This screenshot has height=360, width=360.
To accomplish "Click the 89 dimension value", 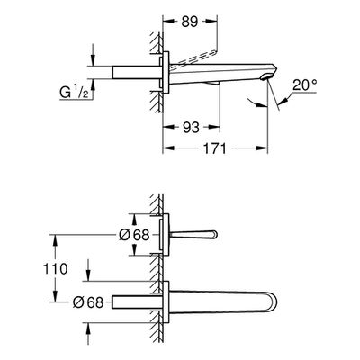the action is coord(190,22).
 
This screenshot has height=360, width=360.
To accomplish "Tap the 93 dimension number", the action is coord(191,128).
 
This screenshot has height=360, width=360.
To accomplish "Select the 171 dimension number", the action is coord(215,148).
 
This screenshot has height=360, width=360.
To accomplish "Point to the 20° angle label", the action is coord(305,85).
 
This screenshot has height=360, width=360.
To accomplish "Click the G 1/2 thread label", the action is coord(74,93).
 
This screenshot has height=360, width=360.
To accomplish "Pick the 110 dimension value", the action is coord(55,268).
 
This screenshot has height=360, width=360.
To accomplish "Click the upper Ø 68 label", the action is coord(134,235).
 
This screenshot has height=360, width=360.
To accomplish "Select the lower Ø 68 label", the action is coord(88,302).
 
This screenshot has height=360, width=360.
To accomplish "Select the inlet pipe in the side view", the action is coord(136,73).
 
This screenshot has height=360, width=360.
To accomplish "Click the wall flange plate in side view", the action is coord(166,72).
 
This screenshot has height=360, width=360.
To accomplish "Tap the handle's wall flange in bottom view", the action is coord(166,235).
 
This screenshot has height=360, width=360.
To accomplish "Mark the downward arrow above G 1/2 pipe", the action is coord(93,54).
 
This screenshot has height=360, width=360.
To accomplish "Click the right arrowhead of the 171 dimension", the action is coord(262,148).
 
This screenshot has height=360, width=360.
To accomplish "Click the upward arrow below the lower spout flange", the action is coord(88,334).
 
